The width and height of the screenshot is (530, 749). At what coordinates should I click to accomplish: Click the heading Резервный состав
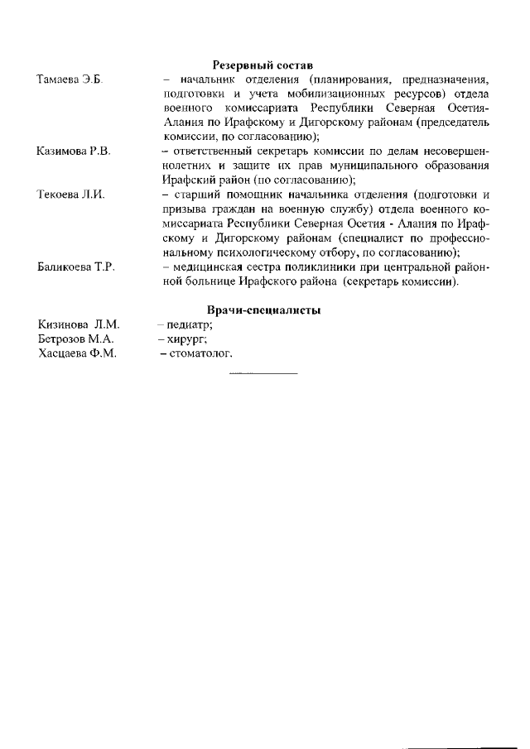(x=263, y=65)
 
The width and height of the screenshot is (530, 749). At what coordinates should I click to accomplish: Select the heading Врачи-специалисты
(x=264, y=310)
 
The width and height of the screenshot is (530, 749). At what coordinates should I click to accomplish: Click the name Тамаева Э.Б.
(x=68, y=79)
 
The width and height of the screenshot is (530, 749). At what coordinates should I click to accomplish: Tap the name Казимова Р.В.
(x=74, y=151)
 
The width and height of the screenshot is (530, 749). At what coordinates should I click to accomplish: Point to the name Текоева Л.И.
(x=70, y=195)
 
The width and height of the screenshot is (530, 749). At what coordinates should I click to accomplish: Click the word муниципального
(x=354, y=166)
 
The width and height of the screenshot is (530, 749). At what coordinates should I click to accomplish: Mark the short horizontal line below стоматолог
(x=263, y=374)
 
